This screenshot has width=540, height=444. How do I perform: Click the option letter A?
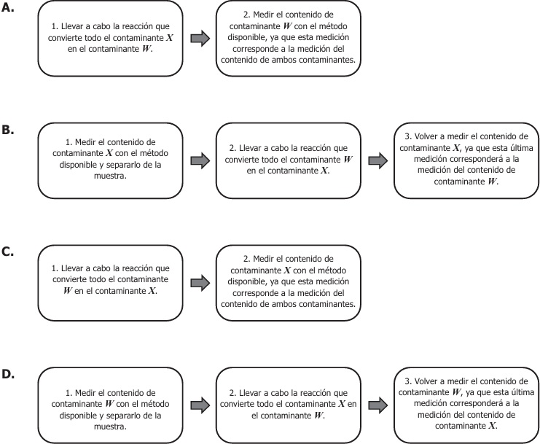(7, 7)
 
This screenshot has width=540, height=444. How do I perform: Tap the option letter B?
(7, 130)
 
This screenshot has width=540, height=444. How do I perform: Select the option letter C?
(7, 252)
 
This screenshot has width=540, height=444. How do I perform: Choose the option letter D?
(8, 374)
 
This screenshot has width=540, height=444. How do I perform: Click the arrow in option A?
(200, 38)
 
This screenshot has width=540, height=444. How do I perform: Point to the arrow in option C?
(200, 283)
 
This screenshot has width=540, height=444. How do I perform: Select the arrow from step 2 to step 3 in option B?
(377, 160)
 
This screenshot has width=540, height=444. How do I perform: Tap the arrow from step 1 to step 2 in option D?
(200, 405)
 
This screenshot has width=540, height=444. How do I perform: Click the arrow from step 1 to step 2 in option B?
(200, 160)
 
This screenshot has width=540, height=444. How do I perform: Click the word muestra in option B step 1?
(109, 176)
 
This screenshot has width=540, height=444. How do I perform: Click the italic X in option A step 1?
(169, 37)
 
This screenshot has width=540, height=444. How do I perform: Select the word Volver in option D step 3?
(426, 381)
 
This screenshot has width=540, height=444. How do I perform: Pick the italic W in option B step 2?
(348, 160)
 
